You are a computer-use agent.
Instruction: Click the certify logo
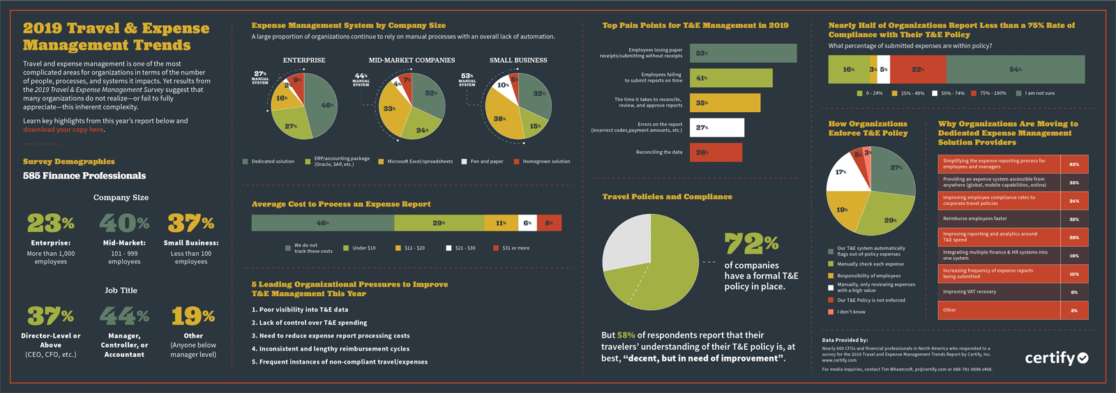1056,358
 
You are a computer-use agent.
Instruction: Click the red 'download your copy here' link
63,130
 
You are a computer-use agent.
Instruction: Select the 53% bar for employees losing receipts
743,53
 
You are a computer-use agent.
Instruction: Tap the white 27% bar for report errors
716,128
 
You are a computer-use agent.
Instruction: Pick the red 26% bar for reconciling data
716,152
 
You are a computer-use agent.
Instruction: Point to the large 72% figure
751,244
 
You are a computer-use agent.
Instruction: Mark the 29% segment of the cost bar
439,223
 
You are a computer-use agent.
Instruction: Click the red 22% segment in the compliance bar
919,70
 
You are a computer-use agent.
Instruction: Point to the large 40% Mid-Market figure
124,223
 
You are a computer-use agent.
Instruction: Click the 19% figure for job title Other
193,316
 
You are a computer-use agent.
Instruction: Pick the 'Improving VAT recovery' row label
970,292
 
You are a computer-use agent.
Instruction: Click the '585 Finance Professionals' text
84,176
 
